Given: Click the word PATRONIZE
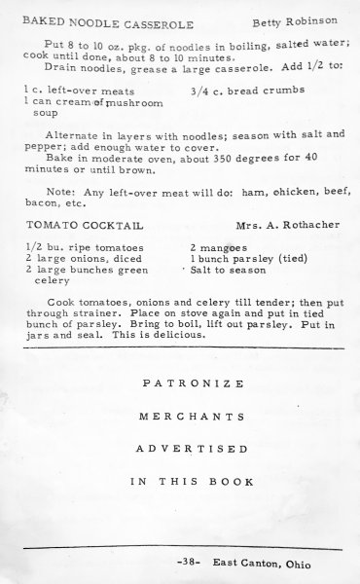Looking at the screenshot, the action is click(x=181, y=383).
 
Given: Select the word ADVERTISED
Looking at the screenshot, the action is click(x=181, y=449).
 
